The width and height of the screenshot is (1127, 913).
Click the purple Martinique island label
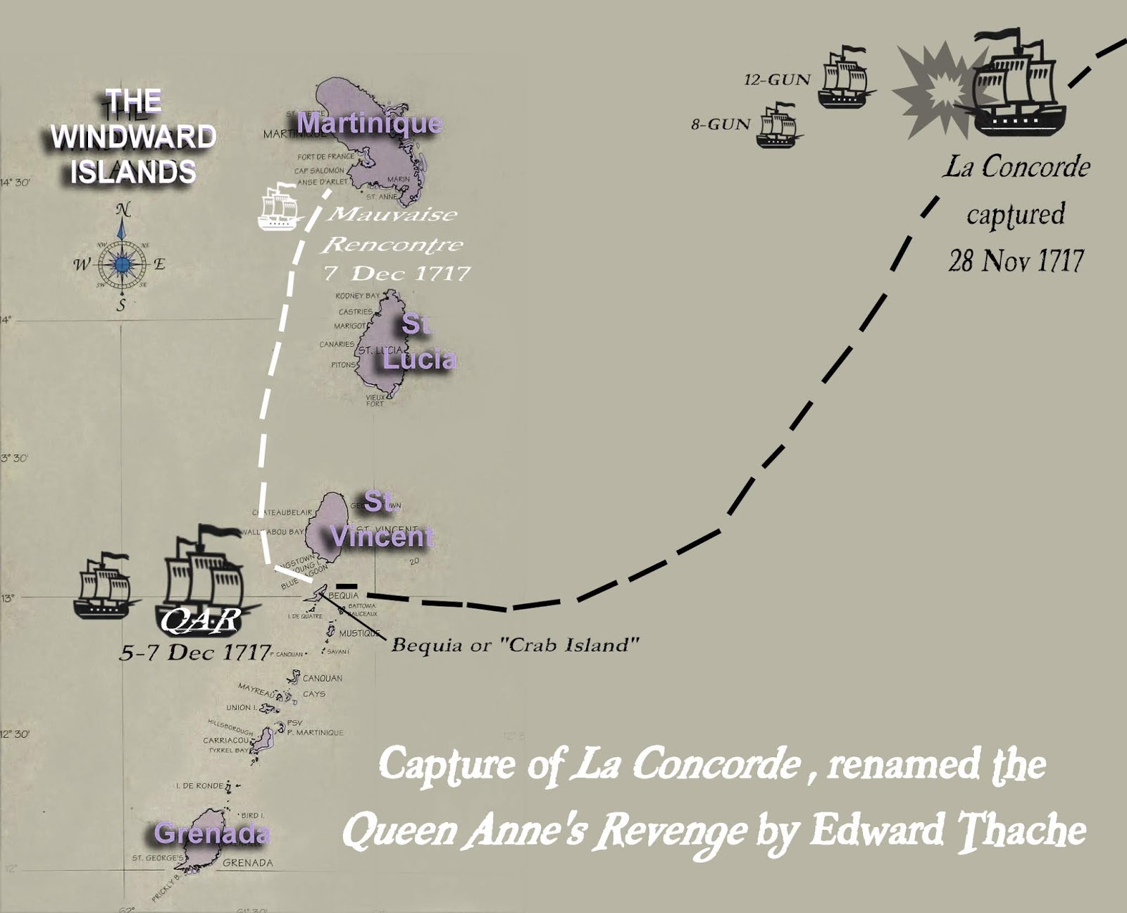pyautogui.click(x=369, y=123)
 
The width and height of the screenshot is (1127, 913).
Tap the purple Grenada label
pyautogui.click(x=211, y=833)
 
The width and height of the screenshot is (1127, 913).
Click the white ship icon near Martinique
pyautogui.click(x=279, y=207)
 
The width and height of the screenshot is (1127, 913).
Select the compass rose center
pyautogui.click(x=123, y=264)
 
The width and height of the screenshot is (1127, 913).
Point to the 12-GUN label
pyautogui.click(x=777, y=80)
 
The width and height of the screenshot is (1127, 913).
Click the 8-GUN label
pyautogui.click(x=721, y=125)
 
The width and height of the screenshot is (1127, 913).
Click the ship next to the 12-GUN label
pyautogui.click(x=845, y=78)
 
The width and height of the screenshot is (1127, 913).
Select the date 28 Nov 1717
pyautogui.click(x=1015, y=261)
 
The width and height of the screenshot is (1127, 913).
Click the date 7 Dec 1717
pyautogui.click(x=397, y=273)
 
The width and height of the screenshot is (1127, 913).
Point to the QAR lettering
pyautogui.click(x=200, y=620)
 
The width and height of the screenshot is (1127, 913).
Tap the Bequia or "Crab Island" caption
pyautogui.click(x=515, y=645)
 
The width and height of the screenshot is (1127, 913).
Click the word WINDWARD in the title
pyautogui.click(x=133, y=137)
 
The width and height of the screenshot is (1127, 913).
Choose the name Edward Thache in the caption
pyautogui.click(x=947, y=831)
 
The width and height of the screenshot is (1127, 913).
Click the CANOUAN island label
pyautogui.click(x=322, y=678)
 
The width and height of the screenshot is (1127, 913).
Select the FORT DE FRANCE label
pyautogui.click(x=325, y=157)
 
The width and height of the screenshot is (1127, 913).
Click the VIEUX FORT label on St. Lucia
pyautogui.click(x=375, y=400)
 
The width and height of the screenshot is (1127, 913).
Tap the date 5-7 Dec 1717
pyautogui.click(x=195, y=652)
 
